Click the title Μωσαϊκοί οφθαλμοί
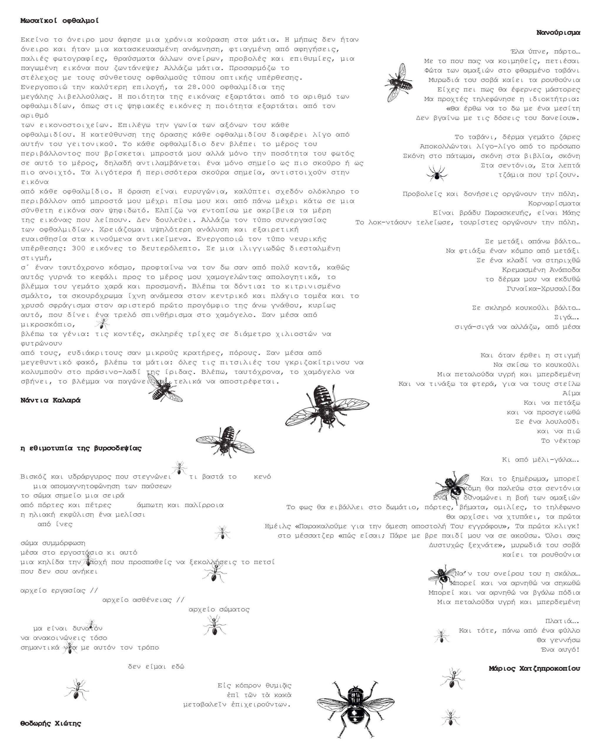click(59, 21)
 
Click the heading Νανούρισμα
click(558, 32)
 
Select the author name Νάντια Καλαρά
click(50, 400)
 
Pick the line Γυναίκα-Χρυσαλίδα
click(543, 289)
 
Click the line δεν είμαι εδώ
click(156, 667)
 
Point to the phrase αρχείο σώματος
click(219, 609)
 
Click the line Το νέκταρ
click(560, 441)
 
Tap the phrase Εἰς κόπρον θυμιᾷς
click(254, 686)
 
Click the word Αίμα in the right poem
click(571, 393)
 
